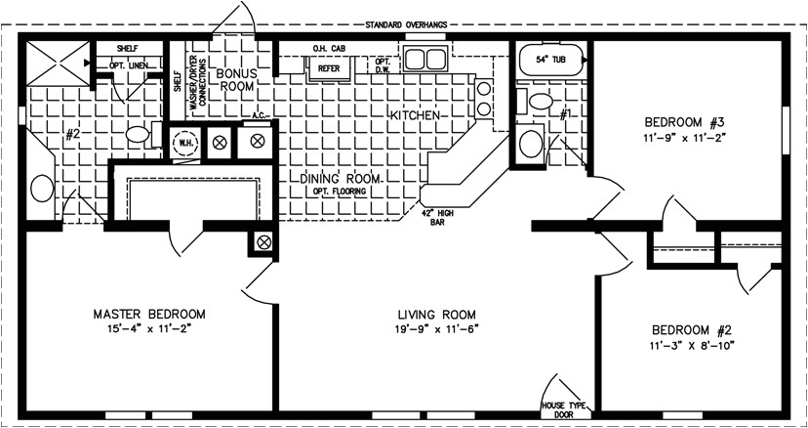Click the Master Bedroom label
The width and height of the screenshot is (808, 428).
tap(149, 314)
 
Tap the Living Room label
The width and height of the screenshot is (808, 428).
tap(436, 314)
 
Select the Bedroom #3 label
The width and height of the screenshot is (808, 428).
tap(683, 122)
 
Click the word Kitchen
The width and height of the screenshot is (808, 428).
tap(418, 115)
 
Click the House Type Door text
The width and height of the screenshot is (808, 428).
tap(561, 407)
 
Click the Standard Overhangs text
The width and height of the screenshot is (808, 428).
tap(407, 23)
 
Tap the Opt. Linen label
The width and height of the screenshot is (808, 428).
tap(128, 64)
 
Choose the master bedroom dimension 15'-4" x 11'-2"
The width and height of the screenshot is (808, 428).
tap(149, 329)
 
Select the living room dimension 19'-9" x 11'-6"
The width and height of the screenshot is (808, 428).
tap(436, 329)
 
